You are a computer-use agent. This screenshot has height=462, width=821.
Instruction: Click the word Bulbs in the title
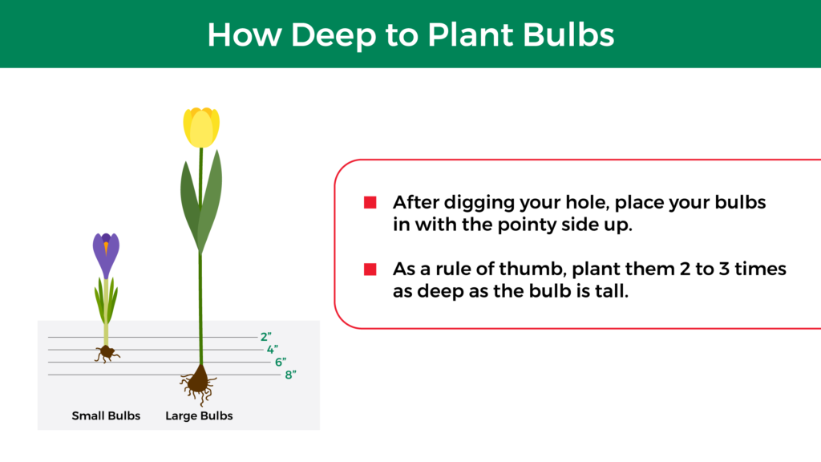(x=568, y=34)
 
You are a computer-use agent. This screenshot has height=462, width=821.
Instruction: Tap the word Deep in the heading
(x=334, y=35)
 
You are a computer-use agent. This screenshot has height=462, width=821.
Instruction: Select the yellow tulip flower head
(x=201, y=128)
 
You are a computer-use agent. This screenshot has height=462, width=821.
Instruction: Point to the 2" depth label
(x=266, y=337)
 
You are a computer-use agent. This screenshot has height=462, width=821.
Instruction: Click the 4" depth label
(x=273, y=350)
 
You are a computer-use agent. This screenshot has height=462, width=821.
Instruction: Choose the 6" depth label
(x=281, y=362)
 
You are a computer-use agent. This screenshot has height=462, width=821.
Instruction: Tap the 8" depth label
(x=290, y=375)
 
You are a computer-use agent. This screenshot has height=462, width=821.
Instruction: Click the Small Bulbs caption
(x=106, y=415)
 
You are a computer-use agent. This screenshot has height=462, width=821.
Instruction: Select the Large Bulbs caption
(x=199, y=416)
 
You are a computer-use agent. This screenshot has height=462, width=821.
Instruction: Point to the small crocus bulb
(x=107, y=353)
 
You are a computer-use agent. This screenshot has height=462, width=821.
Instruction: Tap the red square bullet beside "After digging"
(x=370, y=202)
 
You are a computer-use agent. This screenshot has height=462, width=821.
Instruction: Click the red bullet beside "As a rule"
(x=370, y=269)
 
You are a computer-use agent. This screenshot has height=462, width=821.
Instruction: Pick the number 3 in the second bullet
(x=724, y=269)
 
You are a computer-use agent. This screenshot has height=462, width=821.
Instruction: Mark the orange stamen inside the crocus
(x=106, y=247)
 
